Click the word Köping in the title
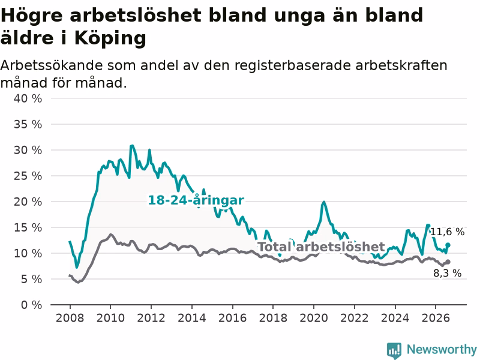coord(110,38)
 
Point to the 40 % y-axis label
coord(28,98)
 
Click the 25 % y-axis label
coord(28,176)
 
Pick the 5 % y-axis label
coord(32,279)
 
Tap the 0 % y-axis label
coord(32,305)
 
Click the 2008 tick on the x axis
coord(70,318)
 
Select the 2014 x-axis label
coord(192,318)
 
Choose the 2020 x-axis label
coord(314,318)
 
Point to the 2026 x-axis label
coord(436,318)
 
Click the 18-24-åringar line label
coord(196,200)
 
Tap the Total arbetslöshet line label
coord(322,247)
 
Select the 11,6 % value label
coord(447,232)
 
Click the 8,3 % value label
coord(447,273)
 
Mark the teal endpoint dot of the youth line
coord(448,245)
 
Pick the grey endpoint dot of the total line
coord(448,262)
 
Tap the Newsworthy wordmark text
coord(442,349)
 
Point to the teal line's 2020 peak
coord(323,202)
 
